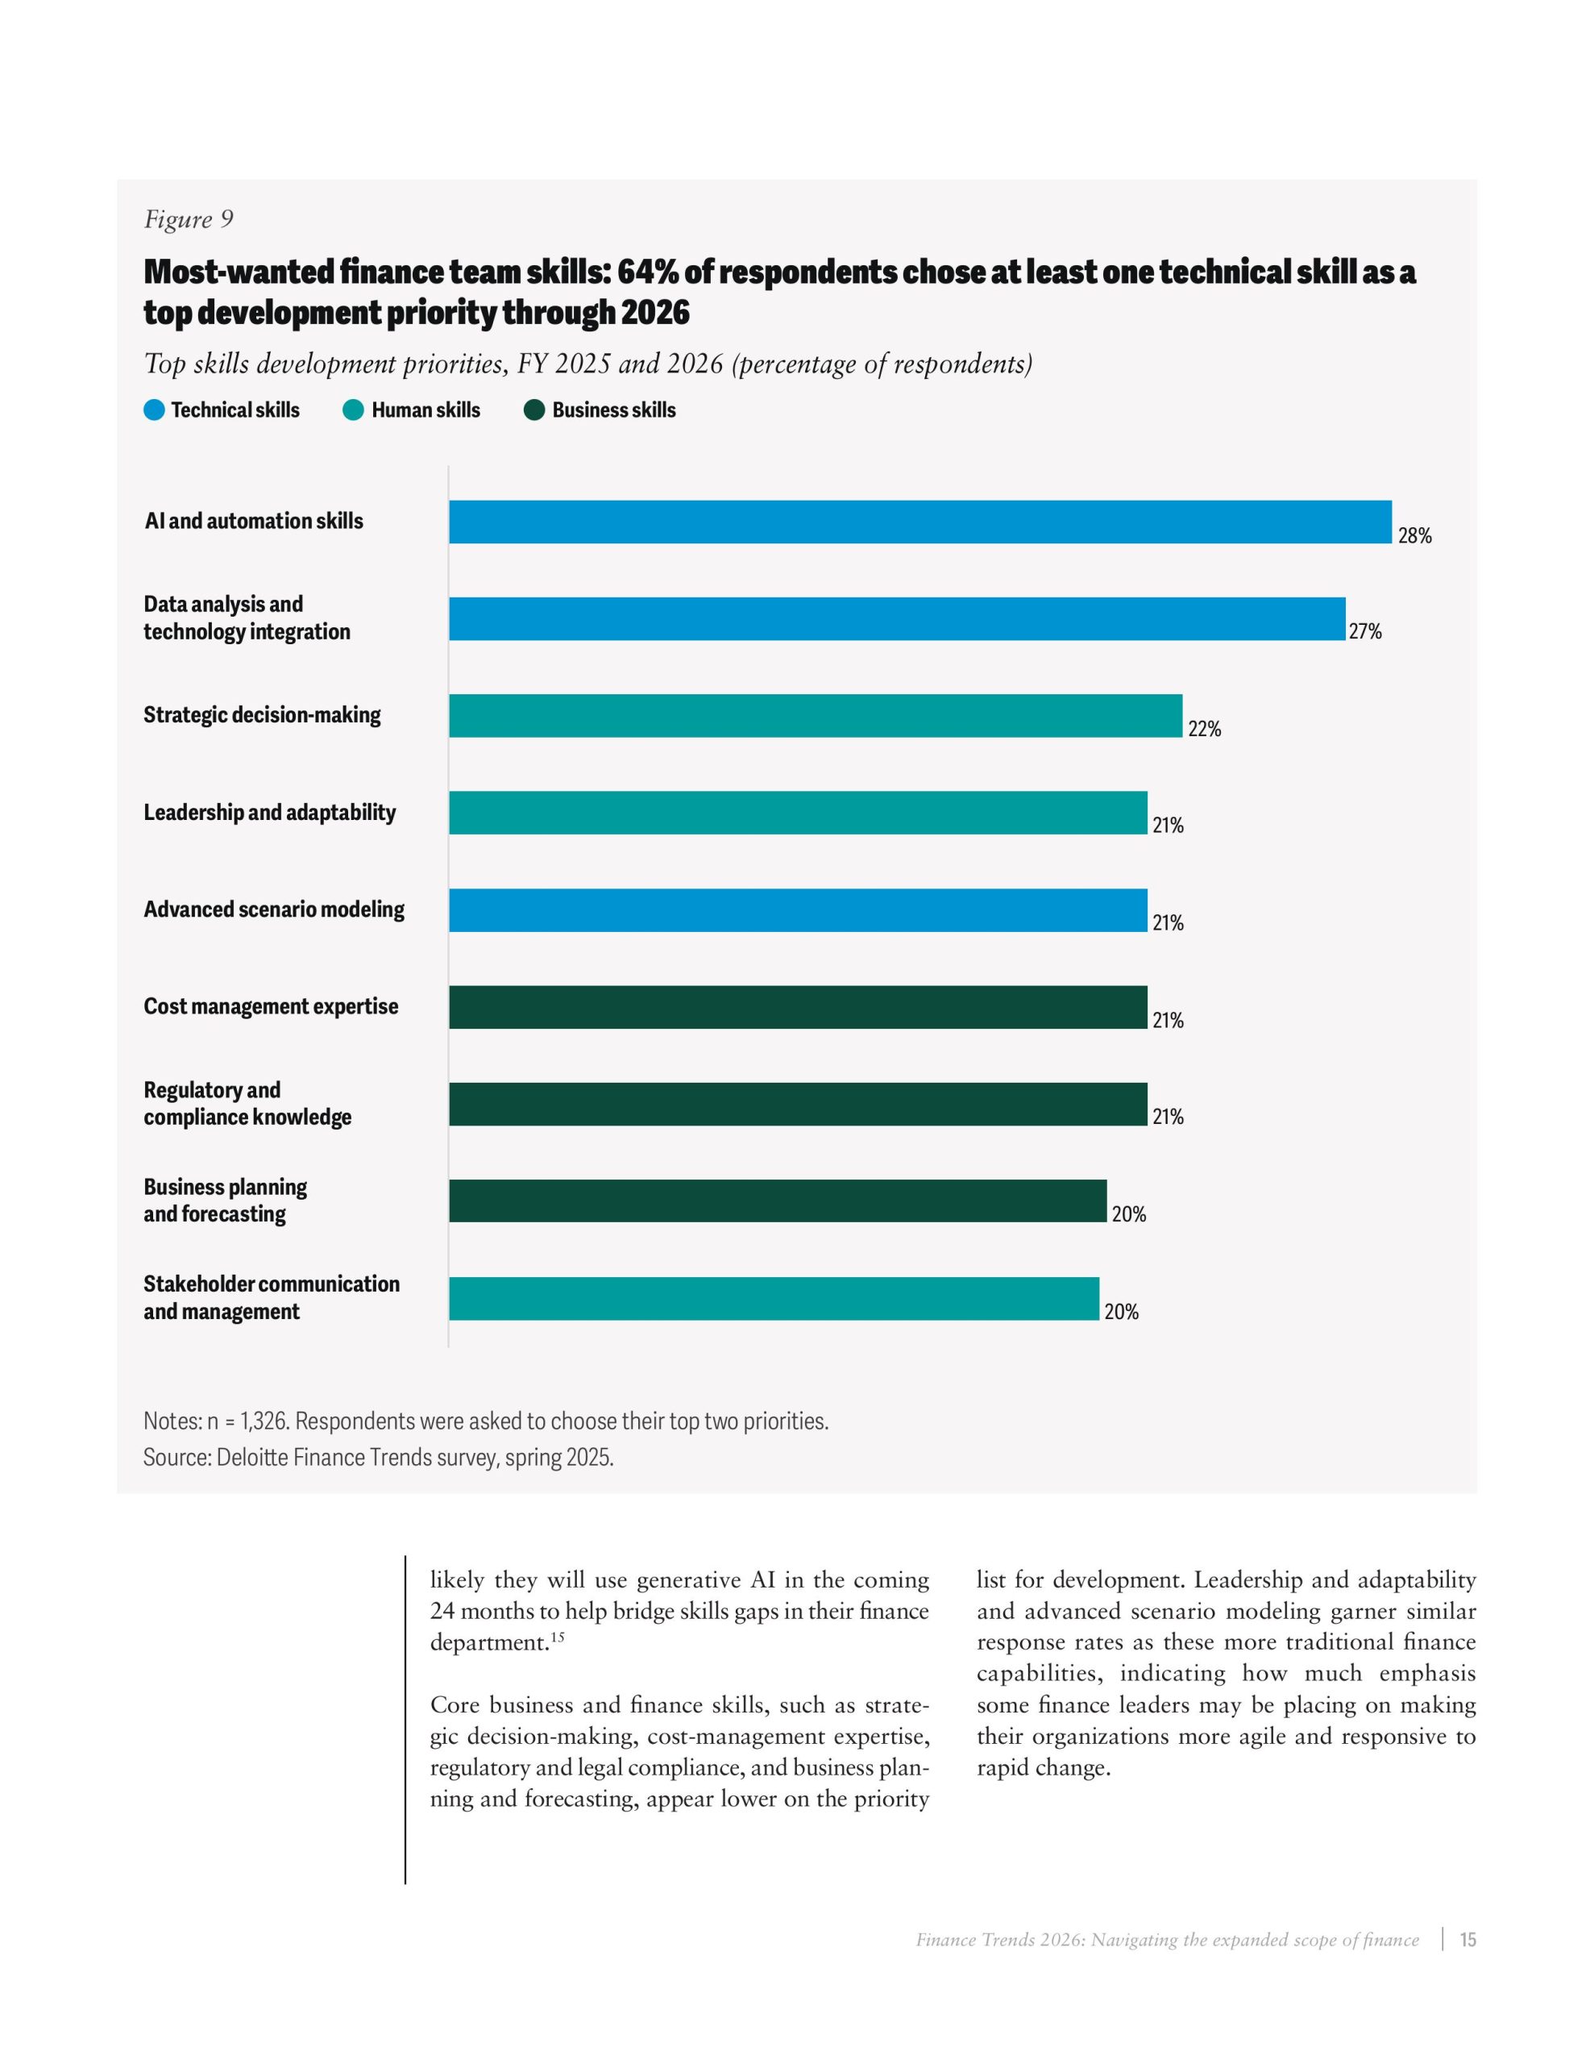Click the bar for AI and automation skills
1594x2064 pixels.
click(x=919, y=522)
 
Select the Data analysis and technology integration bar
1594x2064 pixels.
click(x=897, y=619)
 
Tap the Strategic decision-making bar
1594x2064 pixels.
click(x=815, y=715)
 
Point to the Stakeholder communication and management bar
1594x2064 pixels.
click(x=773, y=1299)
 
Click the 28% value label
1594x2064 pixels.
click(x=1413, y=536)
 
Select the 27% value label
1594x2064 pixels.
click(x=1364, y=632)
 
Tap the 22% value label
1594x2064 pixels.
click(x=1204, y=729)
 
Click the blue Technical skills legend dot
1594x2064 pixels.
click(x=154, y=410)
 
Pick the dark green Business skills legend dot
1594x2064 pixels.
click(x=533, y=410)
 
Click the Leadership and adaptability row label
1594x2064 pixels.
click(x=269, y=813)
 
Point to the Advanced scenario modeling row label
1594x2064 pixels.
click(x=273, y=909)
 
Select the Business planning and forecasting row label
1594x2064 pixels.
click(x=225, y=1201)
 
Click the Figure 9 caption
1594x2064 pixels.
click(x=188, y=219)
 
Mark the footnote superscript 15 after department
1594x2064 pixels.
click(x=558, y=1637)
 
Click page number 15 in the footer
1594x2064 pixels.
click(x=1467, y=1939)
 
